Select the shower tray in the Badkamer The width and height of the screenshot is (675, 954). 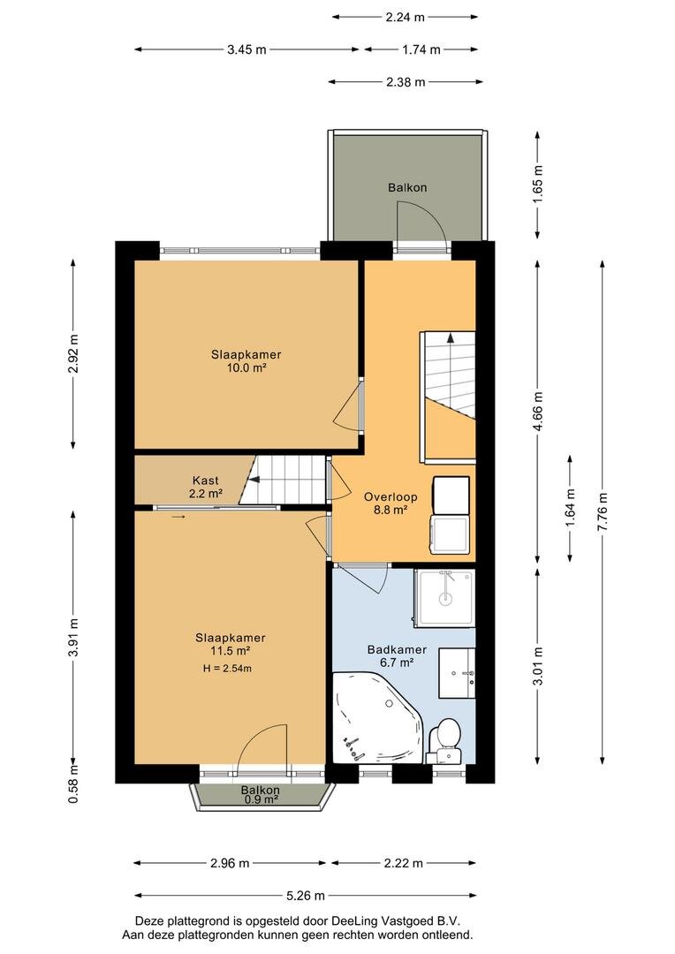click(x=444, y=597)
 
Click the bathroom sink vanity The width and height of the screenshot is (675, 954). click(x=457, y=673)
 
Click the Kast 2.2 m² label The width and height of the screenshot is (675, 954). click(x=205, y=488)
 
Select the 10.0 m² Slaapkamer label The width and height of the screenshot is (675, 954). click(x=246, y=360)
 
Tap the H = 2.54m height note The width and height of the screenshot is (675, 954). click(x=227, y=669)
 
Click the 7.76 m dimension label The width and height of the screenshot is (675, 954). click(x=603, y=511)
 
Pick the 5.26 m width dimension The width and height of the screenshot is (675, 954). click(x=306, y=895)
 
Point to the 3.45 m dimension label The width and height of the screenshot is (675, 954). click(x=246, y=49)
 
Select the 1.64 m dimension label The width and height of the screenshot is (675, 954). click(x=571, y=508)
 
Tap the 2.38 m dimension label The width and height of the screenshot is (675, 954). click(x=406, y=81)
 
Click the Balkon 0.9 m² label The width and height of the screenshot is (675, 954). click(x=261, y=794)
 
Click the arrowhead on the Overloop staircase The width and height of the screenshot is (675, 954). click(x=450, y=337)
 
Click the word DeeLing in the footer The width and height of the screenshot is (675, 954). click(x=354, y=921)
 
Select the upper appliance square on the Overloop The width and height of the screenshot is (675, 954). click(x=451, y=496)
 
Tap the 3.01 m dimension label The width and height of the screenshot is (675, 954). click(x=538, y=666)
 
